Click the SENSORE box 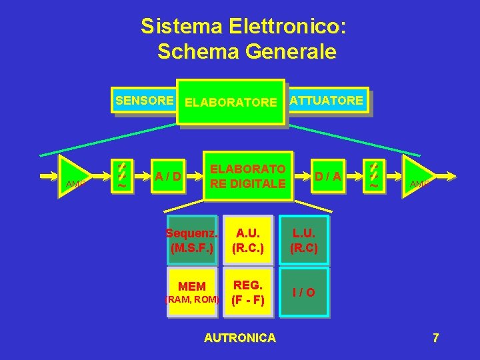point(144,101)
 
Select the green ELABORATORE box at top point(230,102)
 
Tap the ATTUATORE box point(327,101)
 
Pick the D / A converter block point(328,176)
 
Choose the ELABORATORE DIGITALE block point(248,176)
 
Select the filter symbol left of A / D point(121,176)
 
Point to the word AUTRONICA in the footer point(239,338)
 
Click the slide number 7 point(435,338)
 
